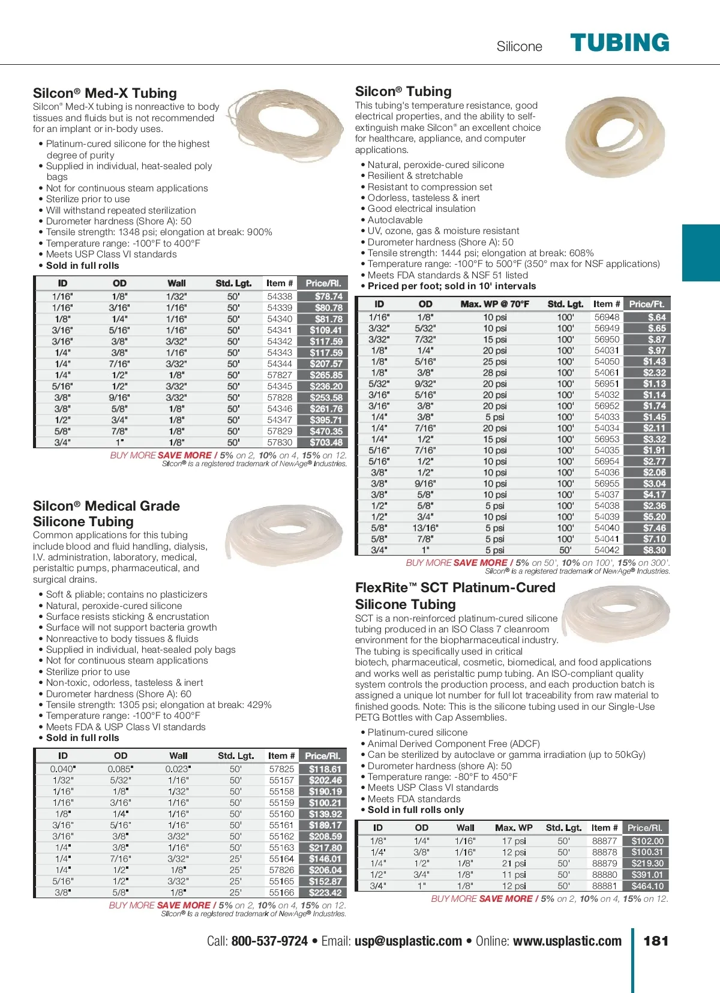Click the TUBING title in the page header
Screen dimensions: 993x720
(619, 43)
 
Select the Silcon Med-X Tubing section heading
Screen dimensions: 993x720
(105, 93)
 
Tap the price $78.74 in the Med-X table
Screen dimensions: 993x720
(328, 296)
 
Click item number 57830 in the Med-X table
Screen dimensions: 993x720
(280, 442)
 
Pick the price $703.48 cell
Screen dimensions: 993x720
(326, 442)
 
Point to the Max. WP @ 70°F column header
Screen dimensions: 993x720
(494, 304)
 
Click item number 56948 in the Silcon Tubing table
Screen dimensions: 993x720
(607, 317)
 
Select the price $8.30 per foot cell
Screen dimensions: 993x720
(654, 550)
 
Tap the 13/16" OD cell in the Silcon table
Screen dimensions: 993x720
(425, 528)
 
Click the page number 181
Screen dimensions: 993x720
(655, 941)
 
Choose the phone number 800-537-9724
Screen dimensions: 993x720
(269, 941)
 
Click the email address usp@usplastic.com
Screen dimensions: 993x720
(408, 941)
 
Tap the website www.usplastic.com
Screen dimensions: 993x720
(567, 941)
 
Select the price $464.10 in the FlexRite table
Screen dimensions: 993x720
(647, 886)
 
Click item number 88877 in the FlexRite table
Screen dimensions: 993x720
(604, 841)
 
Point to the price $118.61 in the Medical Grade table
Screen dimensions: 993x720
(325, 769)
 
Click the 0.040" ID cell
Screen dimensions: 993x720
(62, 769)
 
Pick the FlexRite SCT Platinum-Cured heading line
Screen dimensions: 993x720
(455, 588)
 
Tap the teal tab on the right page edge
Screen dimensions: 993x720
(701, 253)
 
